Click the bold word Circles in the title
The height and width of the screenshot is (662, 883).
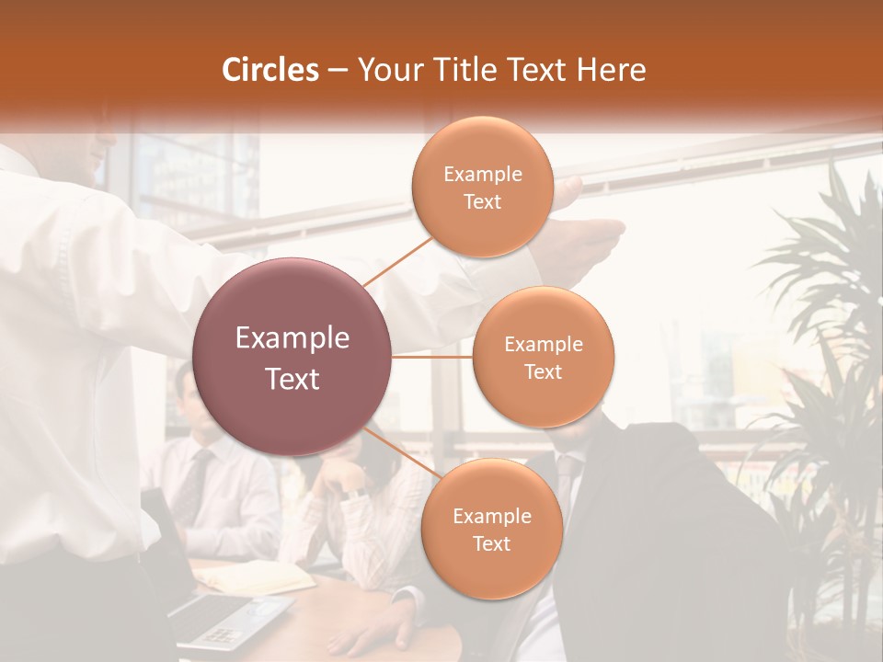coord(270,70)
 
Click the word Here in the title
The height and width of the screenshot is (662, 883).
coord(612,70)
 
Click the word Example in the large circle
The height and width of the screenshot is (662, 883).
coord(292,338)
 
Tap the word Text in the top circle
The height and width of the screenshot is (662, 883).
coord(483,202)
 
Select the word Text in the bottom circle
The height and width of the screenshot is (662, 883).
coord(491,544)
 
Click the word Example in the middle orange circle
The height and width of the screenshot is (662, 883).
coord(543,345)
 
